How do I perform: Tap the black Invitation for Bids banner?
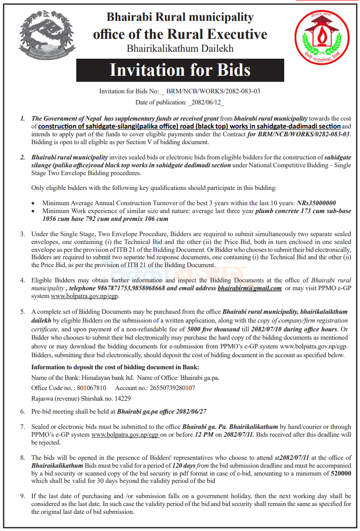coord(180,70)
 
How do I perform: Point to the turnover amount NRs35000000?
coord(316,203)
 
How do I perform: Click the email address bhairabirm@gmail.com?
coord(250,288)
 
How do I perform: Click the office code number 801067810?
coord(89,388)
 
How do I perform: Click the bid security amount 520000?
coord(341,474)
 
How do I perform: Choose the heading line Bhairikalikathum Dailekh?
coord(180,48)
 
